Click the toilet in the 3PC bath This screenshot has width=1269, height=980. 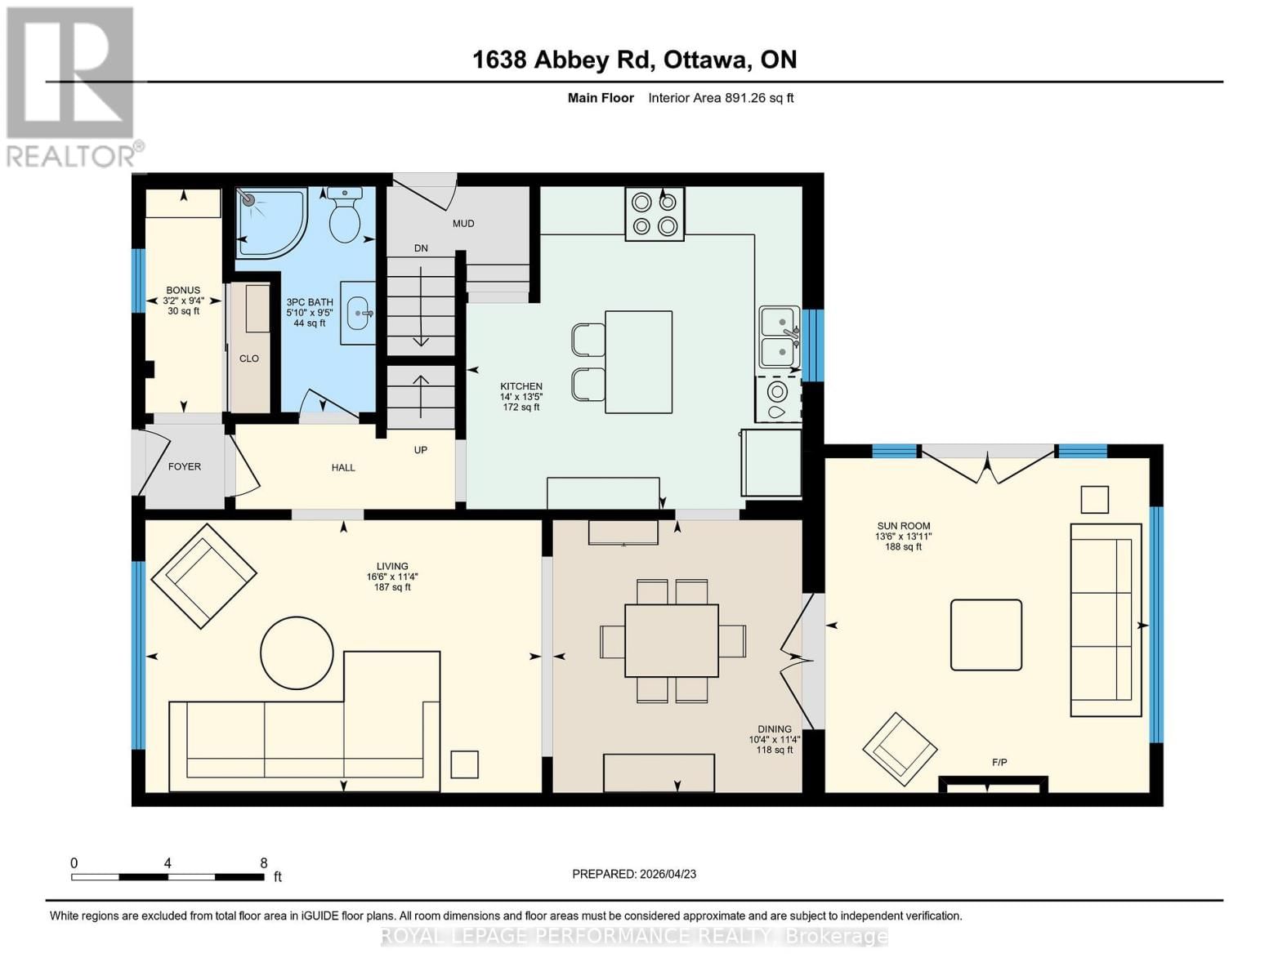pos(345,214)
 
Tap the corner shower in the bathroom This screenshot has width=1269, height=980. pos(271,222)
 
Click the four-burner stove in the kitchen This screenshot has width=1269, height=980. pos(654,214)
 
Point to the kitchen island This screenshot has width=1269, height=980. pos(638,362)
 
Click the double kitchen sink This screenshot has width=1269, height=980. pos(779,337)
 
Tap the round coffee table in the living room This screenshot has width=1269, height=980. pos(297,653)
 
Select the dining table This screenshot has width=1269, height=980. pos(672,640)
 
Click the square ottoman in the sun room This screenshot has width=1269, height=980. pos(985,635)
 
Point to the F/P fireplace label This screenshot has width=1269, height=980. pos(999,762)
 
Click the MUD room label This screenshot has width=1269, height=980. pos(463,224)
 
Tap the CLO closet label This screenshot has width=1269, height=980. pos(248,359)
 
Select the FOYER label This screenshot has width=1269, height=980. pos(185,466)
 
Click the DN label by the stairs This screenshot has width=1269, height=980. pos(421,248)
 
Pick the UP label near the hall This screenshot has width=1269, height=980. pos(421,450)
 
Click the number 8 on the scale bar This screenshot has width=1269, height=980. pos(264,862)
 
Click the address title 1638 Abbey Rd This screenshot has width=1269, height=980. pos(565,60)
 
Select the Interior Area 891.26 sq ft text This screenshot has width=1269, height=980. pos(721,98)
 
